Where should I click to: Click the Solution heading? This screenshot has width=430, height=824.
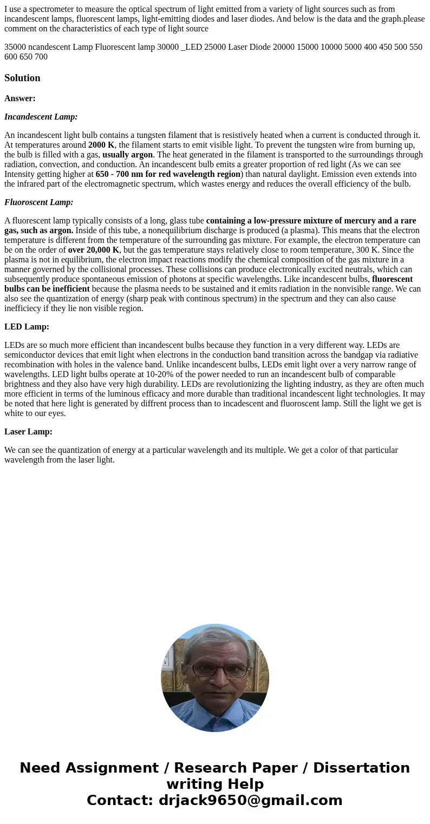[x=22, y=78]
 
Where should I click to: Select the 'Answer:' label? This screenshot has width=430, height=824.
[x=20, y=98]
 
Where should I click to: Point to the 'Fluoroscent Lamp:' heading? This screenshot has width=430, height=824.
[x=39, y=202]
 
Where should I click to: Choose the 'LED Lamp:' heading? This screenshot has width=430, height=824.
[x=27, y=327]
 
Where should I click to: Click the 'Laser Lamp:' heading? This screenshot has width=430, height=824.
[x=28, y=432]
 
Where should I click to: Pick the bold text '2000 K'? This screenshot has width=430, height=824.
[x=101, y=145]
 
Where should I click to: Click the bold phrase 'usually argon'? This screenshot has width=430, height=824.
[x=127, y=155]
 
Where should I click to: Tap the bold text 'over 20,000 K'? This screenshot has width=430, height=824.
[x=94, y=250]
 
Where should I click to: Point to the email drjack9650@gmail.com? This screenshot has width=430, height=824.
[x=250, y=800]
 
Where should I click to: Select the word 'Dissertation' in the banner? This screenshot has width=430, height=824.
[x=361, y=768]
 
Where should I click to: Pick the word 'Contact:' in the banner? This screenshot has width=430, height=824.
[x=120, y=800]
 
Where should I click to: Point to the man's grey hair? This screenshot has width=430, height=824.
[x=216, y=644]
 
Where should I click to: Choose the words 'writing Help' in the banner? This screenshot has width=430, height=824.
[x=215, y=784]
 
